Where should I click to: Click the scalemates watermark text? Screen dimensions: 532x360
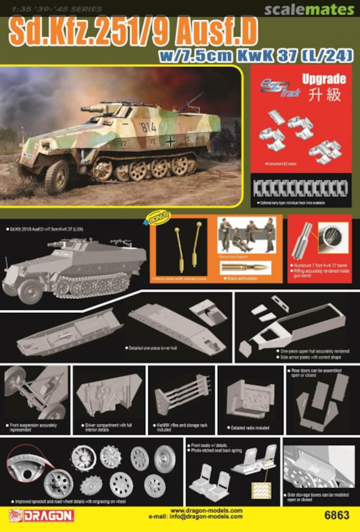tap(309, 10)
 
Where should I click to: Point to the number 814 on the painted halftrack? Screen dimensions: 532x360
tap(148, 127)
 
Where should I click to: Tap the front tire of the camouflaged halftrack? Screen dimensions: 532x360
tap(57, 177)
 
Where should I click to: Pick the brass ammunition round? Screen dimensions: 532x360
tap(244, 267)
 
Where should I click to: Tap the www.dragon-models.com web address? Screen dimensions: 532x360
tap(206, 511)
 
